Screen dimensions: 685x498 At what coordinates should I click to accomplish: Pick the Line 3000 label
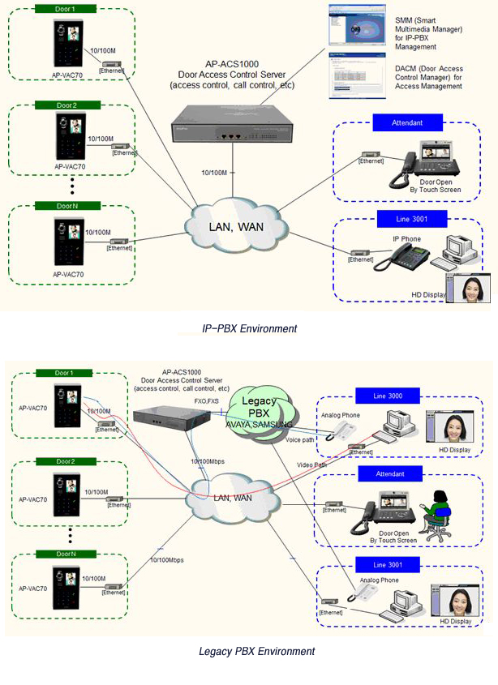389,396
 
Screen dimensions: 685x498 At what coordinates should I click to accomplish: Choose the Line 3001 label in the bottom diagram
389,564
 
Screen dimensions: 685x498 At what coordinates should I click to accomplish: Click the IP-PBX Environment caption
249,329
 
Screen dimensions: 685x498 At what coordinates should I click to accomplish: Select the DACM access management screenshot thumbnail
352,78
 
